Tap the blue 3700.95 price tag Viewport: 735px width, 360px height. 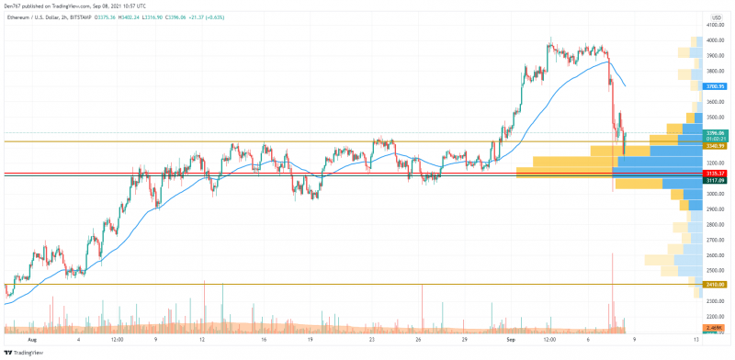[715, 85]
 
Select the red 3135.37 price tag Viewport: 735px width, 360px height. [715, 173]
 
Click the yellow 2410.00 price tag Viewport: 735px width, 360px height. [715, 285]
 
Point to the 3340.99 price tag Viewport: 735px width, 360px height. [715, 146]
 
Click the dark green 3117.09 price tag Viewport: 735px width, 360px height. [715, 181]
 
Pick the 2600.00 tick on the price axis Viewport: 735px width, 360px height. [715, 255]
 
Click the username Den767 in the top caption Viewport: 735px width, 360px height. [13, 5]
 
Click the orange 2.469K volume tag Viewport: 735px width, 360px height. [715, 327]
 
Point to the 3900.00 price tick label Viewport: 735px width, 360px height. [715, 55]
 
